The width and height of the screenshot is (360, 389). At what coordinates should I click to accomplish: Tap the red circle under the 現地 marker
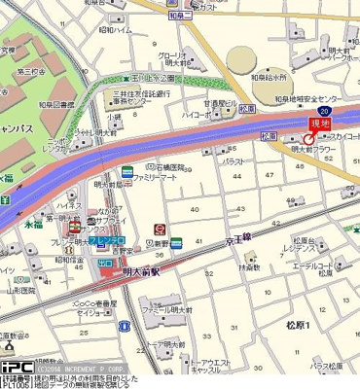click(309, 139)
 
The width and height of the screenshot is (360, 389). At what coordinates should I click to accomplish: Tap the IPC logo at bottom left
click(17, 368)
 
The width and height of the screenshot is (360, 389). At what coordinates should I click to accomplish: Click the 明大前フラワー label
click(310, 152)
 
